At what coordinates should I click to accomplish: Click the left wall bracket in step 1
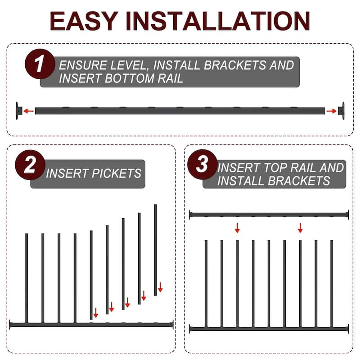tap(19, 110)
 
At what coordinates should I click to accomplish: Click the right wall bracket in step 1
tap(342, 110)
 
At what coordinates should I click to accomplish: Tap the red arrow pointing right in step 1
tap(331, 110)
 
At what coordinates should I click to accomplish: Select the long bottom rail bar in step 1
tap(180, 110)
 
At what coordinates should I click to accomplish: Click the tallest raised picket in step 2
tap(156, 250)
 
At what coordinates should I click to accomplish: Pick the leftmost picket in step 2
tap(27, 277)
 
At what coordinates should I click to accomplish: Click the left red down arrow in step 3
tap(237, 228)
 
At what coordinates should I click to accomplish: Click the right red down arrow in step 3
tap(300, 228)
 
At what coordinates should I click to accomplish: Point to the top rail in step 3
tap(269, 215)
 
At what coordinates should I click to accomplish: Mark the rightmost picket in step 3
tap(332, 283)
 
